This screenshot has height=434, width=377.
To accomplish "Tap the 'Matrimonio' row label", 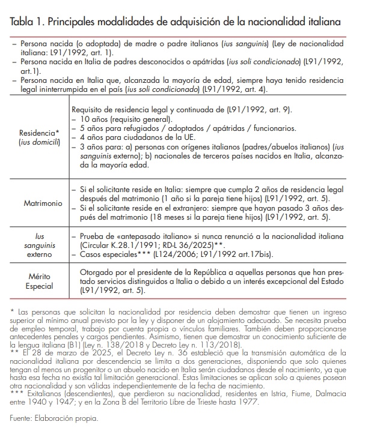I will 43,203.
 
